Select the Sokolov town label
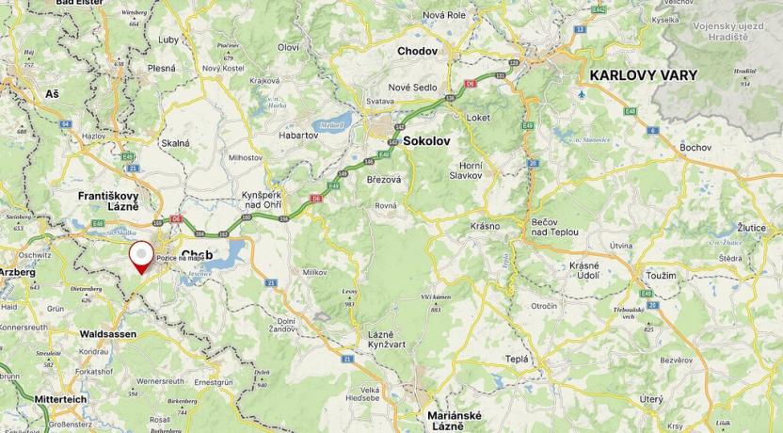tap(426, 140)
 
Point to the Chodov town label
tap(417, 51)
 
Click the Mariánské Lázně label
tap(455, 421)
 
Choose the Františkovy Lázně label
tap(108, 200)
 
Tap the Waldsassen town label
tap(108, 334)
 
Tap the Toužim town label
tap(662, 275)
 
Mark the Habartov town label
tap(298, 136)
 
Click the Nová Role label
tap(444, 15)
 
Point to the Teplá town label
tap(517, 359)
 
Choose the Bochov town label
tap(695, 148)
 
